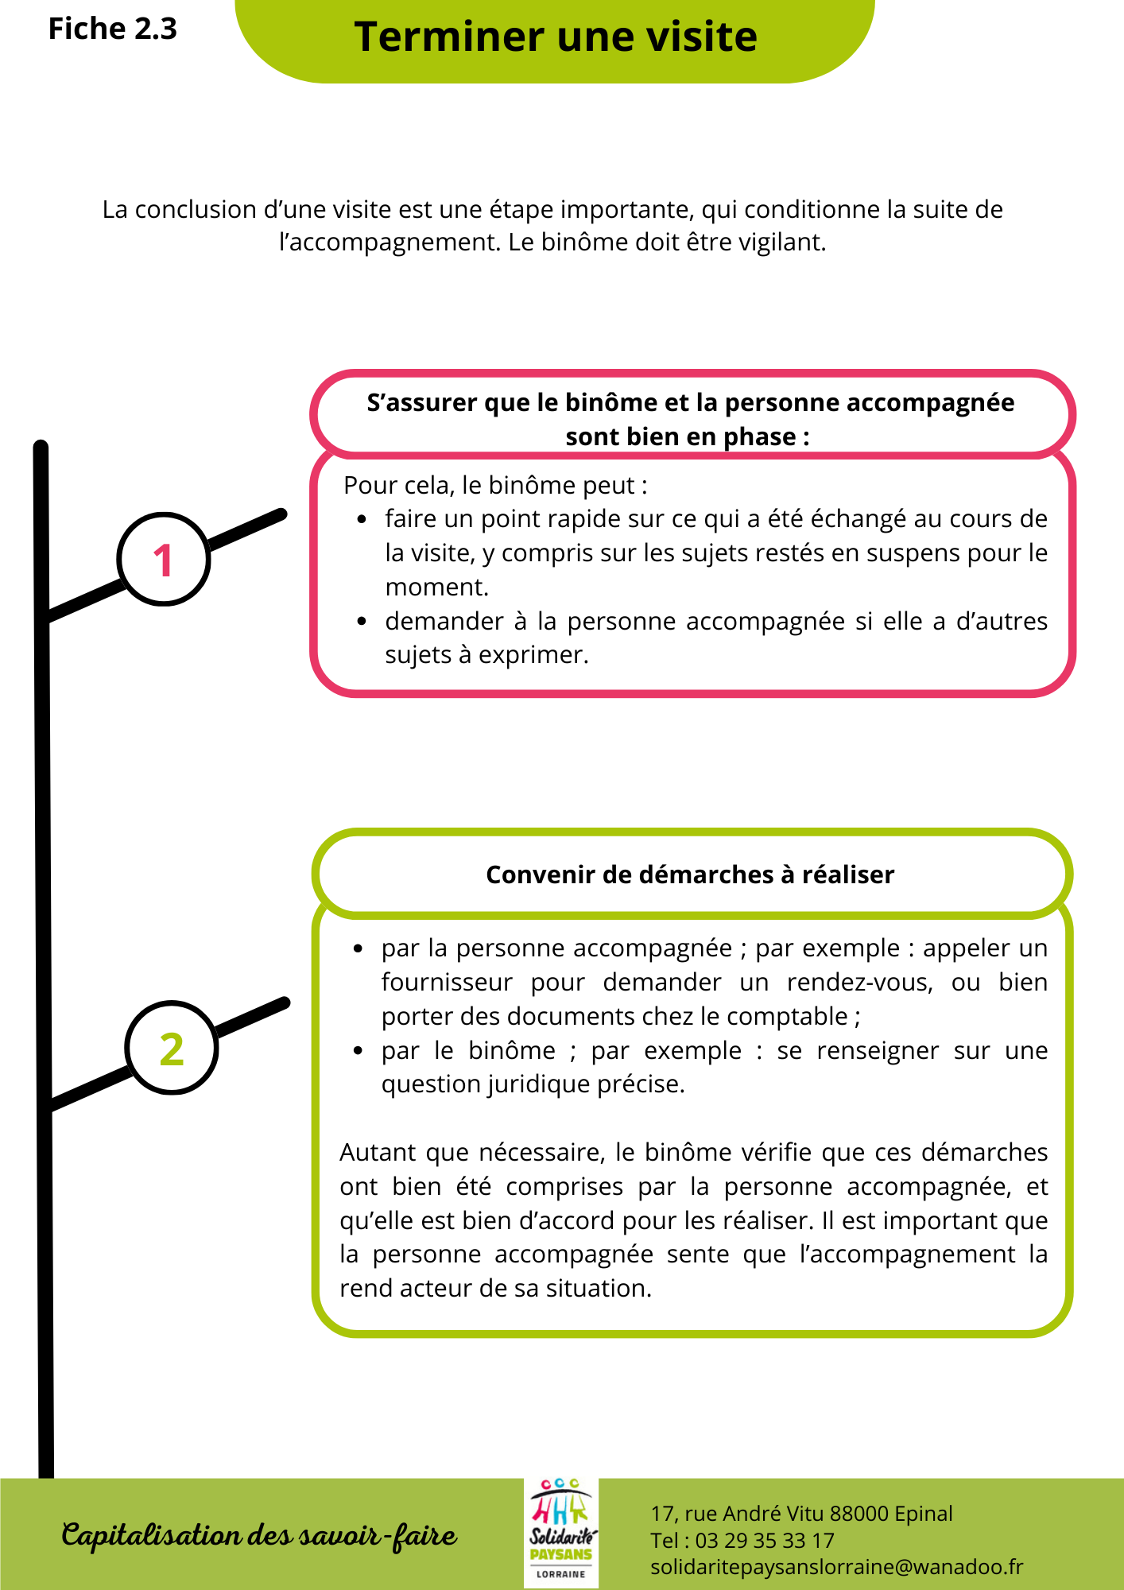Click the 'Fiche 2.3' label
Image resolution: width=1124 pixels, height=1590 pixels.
click(x=112, y=29)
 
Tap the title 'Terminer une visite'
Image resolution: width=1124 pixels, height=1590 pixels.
click(x=556, y=37)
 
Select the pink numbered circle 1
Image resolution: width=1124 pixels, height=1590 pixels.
click(x=164, y=560)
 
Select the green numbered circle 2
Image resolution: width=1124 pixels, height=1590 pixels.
click(x=172, y=1048)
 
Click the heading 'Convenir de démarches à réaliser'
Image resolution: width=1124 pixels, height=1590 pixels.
click(x=690, y=874)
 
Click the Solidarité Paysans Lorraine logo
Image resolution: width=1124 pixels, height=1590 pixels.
click(x=561, y=1533)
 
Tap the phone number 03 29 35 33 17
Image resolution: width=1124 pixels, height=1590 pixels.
click(x=765, y=1541)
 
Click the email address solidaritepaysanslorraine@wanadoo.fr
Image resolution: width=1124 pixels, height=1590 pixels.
click(x=836, y=1567)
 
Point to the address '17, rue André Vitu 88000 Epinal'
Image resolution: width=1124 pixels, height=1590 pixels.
click(x=801, y=1514)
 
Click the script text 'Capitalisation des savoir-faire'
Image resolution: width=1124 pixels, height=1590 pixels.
click(x=259, y=1535)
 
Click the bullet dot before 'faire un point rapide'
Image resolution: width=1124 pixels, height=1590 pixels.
click(x=362, y=520)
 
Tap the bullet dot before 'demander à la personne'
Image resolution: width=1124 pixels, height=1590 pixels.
click(x=362, y=622)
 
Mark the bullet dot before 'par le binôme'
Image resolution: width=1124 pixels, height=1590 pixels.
click(x=359, y=1051)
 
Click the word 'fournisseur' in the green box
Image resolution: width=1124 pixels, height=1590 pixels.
click(x=447, y=983)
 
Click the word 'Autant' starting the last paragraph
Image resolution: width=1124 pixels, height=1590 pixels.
click(x=375, y=1153)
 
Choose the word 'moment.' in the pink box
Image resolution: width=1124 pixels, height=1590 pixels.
click(x=436, y=588)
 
